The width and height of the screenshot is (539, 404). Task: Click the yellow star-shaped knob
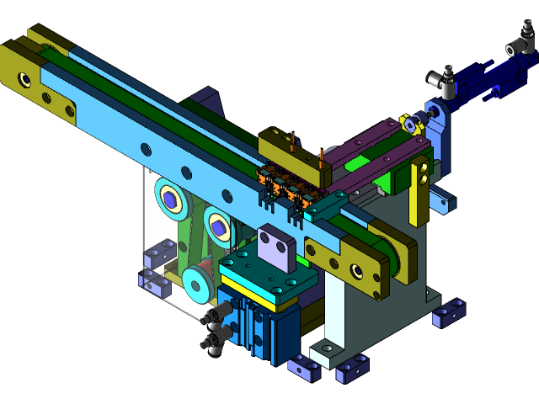(x=410, y=126)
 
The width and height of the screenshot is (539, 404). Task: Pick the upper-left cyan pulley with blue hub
(x=170, y=199)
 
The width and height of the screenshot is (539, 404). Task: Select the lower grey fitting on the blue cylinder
(x=213, y=340)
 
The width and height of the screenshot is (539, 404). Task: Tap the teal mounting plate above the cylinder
(x=268, y=274)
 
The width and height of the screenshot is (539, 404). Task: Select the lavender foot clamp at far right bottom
(x=448, y=312)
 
